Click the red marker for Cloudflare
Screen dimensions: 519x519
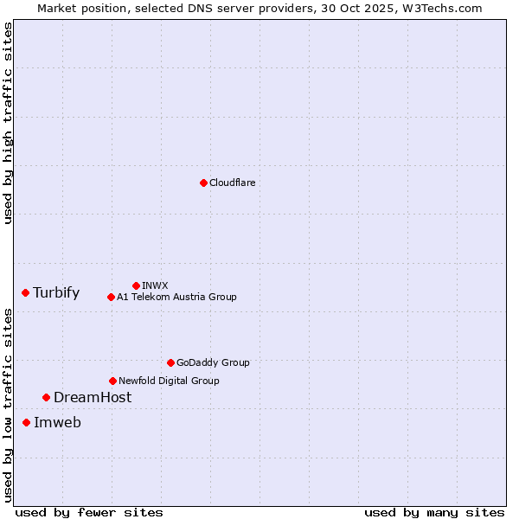(203, 183)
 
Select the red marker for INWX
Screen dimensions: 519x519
(136, 285)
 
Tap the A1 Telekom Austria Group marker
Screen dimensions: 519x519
(111, 297)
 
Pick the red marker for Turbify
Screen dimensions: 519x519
(26, 292)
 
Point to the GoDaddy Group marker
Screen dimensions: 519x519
(170, 362)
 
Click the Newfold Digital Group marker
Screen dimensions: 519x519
(112, 381)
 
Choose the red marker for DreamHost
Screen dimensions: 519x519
(46, 397)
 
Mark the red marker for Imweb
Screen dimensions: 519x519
(26, 422)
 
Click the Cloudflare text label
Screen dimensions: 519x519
(232, 183)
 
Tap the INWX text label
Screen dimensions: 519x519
(155, 285)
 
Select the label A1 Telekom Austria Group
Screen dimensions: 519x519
(176, 297)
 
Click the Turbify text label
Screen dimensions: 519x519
(56, 292)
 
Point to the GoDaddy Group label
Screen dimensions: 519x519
(213, 362)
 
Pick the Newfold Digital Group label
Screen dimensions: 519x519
(169, 381)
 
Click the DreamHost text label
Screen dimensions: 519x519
(93, 397)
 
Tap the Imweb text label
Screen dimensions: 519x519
(57, 422)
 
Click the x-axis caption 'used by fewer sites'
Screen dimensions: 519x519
(89, 512)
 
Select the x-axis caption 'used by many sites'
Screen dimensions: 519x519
(434, 512)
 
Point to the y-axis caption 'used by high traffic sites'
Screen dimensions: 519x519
(8, 123)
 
